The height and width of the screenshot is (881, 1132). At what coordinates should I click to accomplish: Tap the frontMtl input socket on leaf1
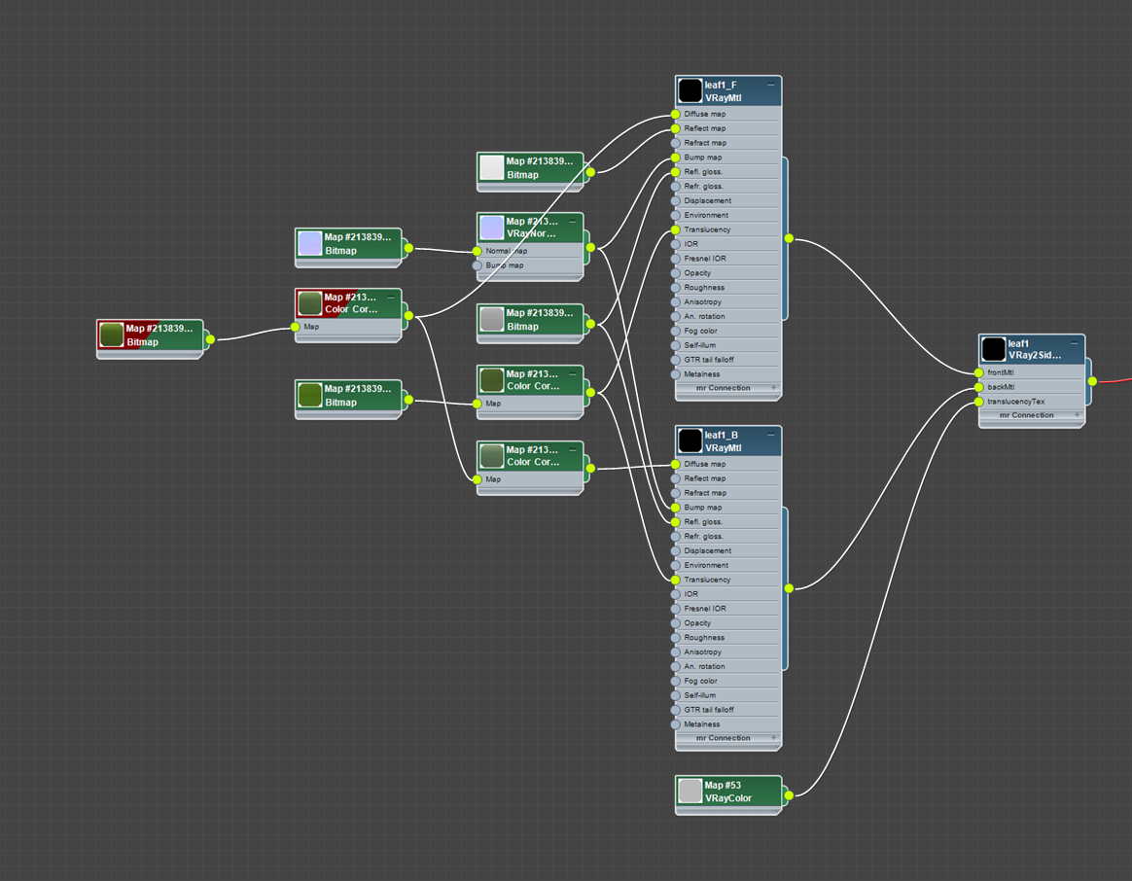pyautogui.click(x=978, y=372)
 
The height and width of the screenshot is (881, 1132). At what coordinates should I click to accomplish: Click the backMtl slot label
pyautogui.click(x=1001, y=387)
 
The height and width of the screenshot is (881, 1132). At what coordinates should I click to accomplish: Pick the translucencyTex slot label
pyautogui.click(x=1015, y=402)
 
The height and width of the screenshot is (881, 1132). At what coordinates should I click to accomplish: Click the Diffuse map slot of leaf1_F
pyautogui.click(x=704, y=114)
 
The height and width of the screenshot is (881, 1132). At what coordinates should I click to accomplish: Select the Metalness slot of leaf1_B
pyautogui.click(x=702, y=724)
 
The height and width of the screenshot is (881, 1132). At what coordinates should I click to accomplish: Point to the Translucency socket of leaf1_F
pyautogui.click(x=676, y=230)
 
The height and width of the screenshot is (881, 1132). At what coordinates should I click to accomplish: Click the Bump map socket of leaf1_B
pyautogui.click(x=676, y=508)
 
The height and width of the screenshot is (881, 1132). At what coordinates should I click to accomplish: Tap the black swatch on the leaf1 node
pyautogui.click(x=993, y=349)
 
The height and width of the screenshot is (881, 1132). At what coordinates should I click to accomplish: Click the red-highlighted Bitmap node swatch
pyautogui.click(x=112, y=335)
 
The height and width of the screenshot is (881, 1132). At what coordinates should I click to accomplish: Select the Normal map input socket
pyautogui.click(x=478, y=251)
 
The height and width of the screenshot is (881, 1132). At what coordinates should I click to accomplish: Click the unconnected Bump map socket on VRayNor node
pyautogui.click(x=478, y=265)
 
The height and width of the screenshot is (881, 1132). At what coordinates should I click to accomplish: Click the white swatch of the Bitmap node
pyautogui.click(x=492, y=168)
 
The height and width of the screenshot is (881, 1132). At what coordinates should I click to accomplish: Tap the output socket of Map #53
pyautogui.click(x=788, y=795)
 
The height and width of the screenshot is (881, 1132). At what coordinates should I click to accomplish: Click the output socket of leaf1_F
pyautogui.click(x=789, y=238)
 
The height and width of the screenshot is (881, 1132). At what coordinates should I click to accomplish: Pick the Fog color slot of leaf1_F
pyautogui.click(x=700, y=332)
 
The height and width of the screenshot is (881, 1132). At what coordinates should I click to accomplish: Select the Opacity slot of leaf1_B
pyautogui.click(x=697, y=623)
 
